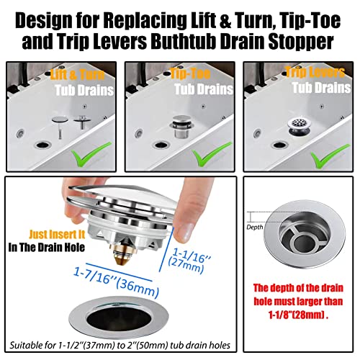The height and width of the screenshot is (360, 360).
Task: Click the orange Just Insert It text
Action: pos(57,233)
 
